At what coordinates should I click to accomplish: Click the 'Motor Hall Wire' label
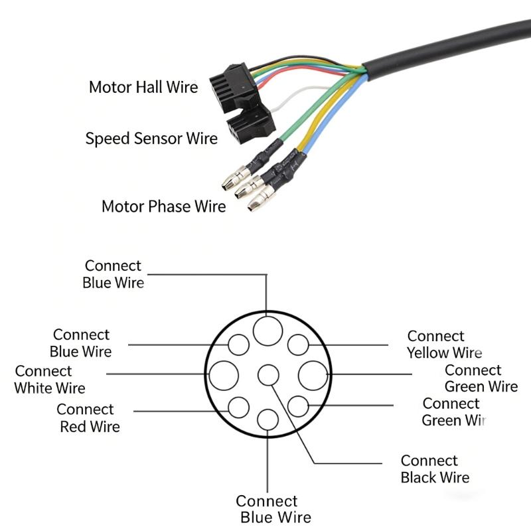pos(143,87)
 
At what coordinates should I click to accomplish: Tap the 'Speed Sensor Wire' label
pos(151,139)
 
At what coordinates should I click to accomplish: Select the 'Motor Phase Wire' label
pos(163,206)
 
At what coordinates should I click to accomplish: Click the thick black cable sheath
pos(451,46)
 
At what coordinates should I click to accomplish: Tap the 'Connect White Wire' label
pos(50,379)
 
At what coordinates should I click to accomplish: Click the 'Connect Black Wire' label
pos(434,469)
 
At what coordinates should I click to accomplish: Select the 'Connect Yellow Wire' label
pos(443,344)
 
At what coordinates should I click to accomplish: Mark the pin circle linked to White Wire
pos(224,376)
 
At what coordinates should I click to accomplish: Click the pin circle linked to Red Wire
pos(238,406)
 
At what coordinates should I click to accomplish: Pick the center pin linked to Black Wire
pos(268,376)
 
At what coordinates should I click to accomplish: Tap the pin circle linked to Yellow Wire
pos(297,345)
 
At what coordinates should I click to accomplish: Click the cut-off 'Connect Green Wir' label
pos(453,412)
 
